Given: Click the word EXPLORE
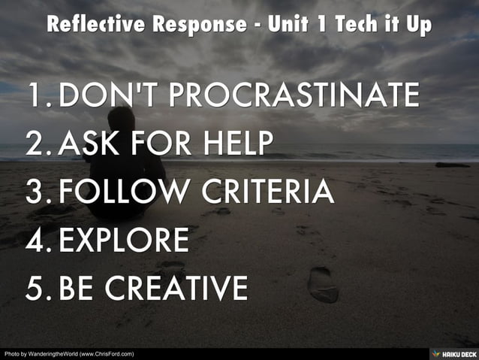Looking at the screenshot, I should point(124,240).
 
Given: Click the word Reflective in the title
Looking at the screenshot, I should point(95,24).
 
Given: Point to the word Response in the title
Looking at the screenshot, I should point(198,24).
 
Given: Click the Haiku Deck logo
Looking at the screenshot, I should point(453,353).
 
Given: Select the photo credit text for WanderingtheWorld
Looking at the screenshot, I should point(69,353).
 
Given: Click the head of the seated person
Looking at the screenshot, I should point(122,120).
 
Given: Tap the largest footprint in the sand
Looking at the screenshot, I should point(323,284).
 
